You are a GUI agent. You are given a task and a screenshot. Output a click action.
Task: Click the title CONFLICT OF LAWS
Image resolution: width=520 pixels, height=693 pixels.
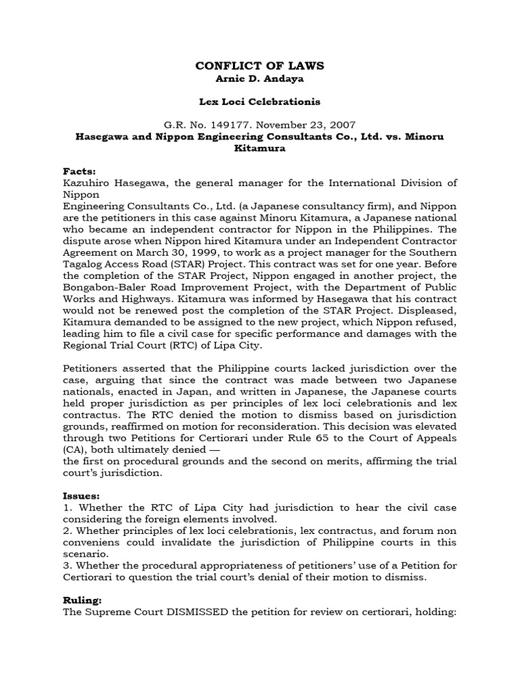point(260,66)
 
